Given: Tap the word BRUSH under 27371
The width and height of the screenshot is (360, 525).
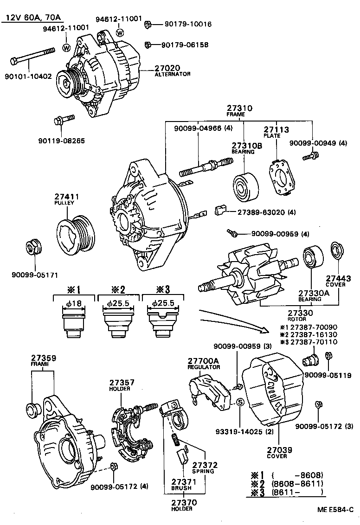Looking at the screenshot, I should coord(179,488).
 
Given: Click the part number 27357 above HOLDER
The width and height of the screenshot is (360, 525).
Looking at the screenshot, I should coord(122,383).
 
